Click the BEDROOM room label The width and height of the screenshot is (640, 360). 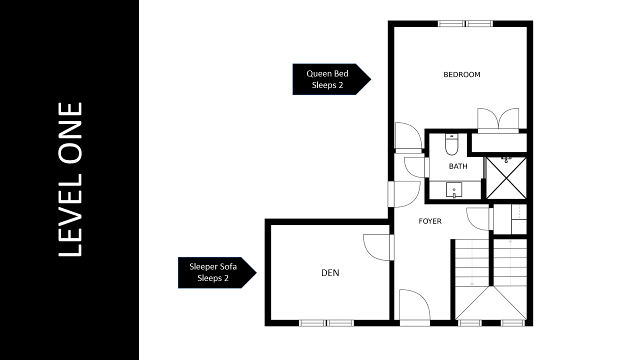(461, 74)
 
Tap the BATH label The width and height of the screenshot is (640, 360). (458, 166)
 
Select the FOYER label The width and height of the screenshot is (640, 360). (430, 221)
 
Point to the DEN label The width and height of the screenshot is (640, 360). (330, 273)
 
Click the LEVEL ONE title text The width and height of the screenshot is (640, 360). (70, 179)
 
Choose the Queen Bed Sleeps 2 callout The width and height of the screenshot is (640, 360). (331, 79)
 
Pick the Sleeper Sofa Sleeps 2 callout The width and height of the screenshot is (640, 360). (217, 272)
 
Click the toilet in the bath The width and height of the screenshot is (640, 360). (451, 144)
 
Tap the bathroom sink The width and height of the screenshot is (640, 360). (454, 190)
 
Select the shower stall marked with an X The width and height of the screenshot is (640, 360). (506, 178)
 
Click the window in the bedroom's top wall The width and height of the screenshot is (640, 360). (465, 23)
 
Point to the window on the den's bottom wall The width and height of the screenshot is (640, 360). (326, 323)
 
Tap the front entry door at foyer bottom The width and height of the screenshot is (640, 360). (414, 307)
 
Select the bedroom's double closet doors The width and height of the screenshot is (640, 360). (498, 120)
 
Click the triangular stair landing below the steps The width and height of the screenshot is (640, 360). (491, 303)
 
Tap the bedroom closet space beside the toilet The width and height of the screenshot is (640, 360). (499, 143)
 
